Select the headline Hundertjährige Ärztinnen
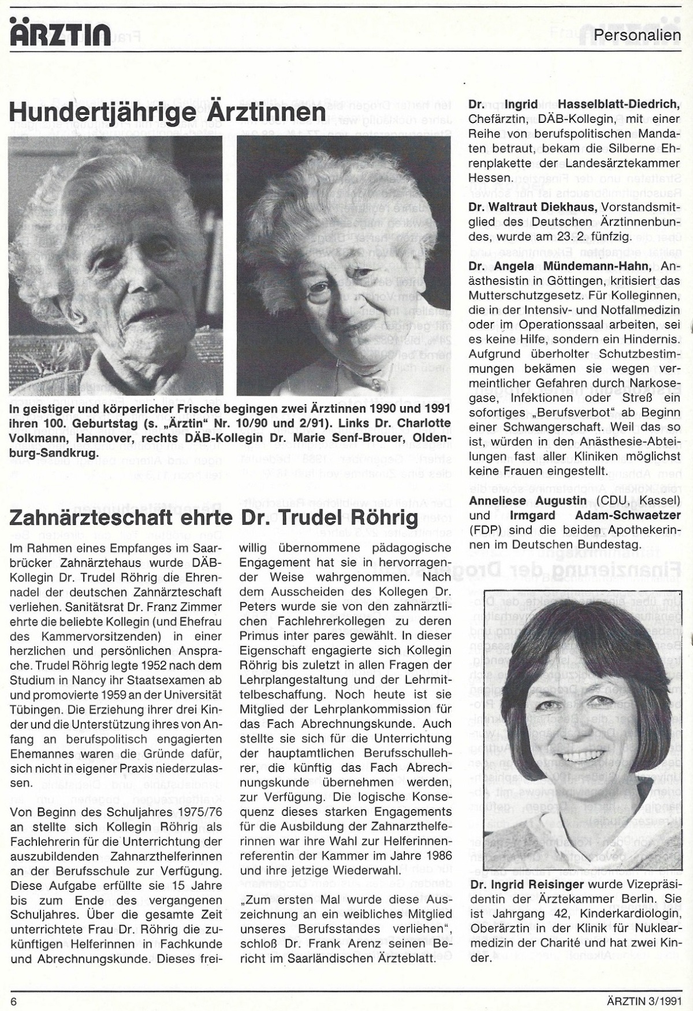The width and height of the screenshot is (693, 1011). tap(167, 111)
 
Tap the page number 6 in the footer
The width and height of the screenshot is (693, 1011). tap(13, 1000)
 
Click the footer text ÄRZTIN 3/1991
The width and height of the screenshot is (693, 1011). tap(644, 1000)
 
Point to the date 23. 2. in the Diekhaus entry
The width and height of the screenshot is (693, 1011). tap(595, 237)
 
